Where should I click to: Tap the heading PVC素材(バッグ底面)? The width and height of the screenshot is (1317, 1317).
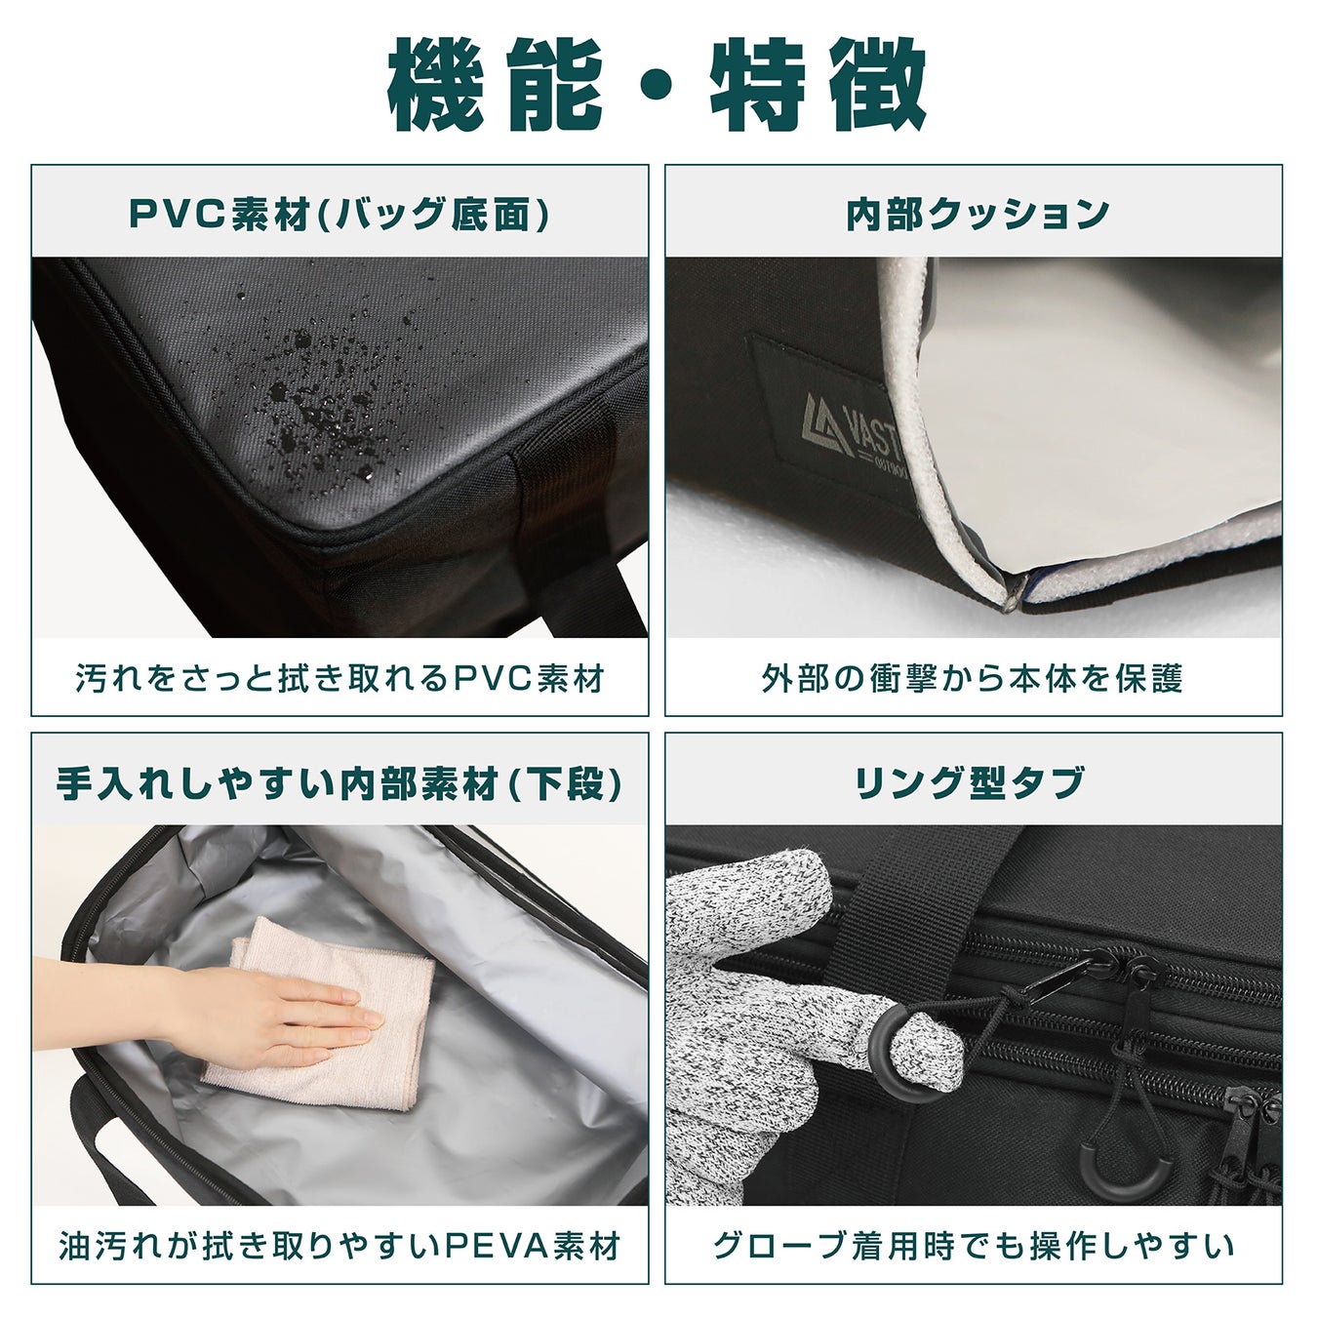pyautogui.click(x=339, y=215)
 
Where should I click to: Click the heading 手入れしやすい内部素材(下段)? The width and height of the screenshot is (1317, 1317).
pyautogui.click(x=339, y=783)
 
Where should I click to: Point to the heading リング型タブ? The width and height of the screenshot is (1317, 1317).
pyautogui.click(x=970, y=783)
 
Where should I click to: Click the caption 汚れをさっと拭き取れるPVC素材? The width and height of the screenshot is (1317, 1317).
pyautogui.click(x=340, y=679)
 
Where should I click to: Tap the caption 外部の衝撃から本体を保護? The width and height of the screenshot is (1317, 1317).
pyautogui.click(x=973, y=679)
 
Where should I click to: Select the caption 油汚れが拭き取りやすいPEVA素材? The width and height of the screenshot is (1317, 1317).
pyautogui.click(x=339, y=1246)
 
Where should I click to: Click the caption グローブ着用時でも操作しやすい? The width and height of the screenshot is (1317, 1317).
pyautogui.click(x=974, y=1246)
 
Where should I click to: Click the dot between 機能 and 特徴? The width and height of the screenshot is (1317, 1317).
pyautogui.click(x=658, y=86)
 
